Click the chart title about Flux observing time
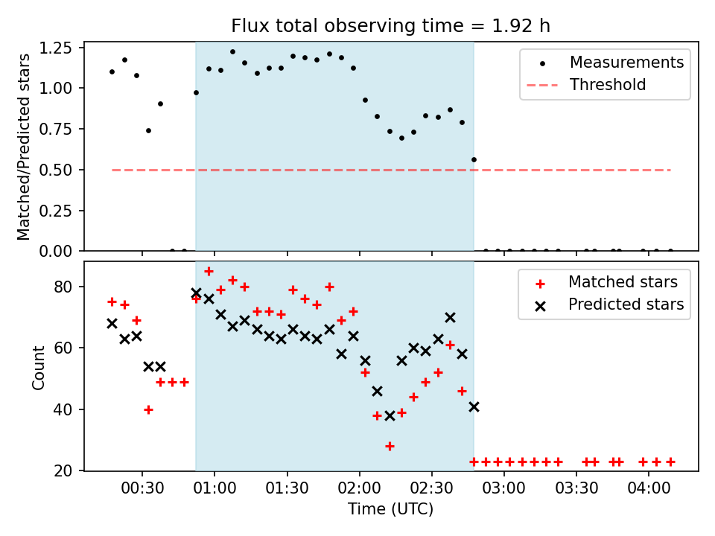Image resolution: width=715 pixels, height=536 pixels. pyautogui.click(x=390, y=26)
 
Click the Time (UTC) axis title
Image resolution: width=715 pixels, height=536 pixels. pyautogui.click(x=390, y=510)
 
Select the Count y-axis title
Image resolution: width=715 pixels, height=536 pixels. pyautogui.click(x=39, y=367)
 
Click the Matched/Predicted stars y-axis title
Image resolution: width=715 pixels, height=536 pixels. pyautogui.click(x=24, y=147)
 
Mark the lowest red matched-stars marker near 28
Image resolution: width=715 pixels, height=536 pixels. pyautogui.click(x=390, y=446)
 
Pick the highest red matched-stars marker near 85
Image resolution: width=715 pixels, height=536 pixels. pyautogui.click(x=209, y=271)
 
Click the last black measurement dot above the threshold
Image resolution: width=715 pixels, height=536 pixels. pyautogui.click(x=474, y=159)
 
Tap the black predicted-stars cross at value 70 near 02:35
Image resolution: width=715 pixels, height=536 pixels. pyautogui.click(x=450, y=317)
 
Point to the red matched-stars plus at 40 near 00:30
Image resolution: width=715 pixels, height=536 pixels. pyautogui.click(x=148, y=409)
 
